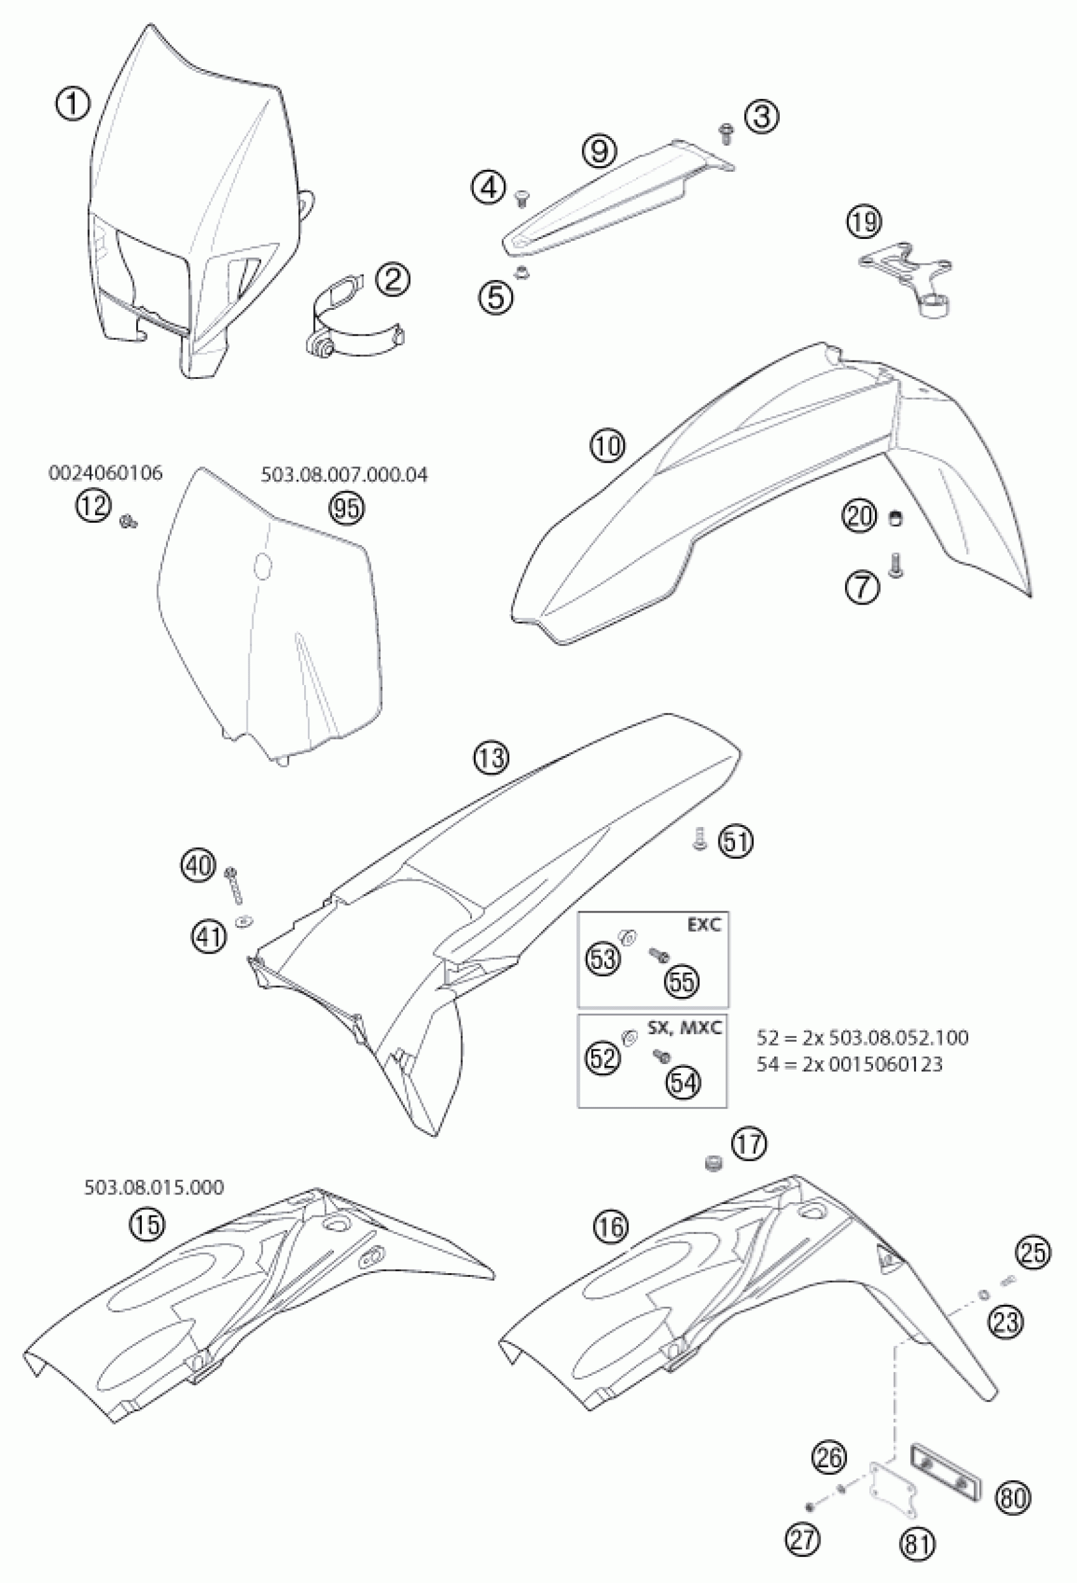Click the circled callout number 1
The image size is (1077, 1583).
[x=73, y=106]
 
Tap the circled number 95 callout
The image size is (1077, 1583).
[x=347, y=508]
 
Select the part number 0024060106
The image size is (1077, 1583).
[x=106, y=473]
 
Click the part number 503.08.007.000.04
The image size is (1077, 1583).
[x=345, y=475]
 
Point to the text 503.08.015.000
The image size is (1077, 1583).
[x=154, y=1188]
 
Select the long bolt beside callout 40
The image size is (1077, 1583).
[x=236, y=885]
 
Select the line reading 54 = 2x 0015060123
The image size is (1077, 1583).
[x=850, y=1064]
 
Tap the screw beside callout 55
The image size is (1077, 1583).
[x=658, y=954]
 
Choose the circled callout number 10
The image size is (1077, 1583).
[x=608, y=446]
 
